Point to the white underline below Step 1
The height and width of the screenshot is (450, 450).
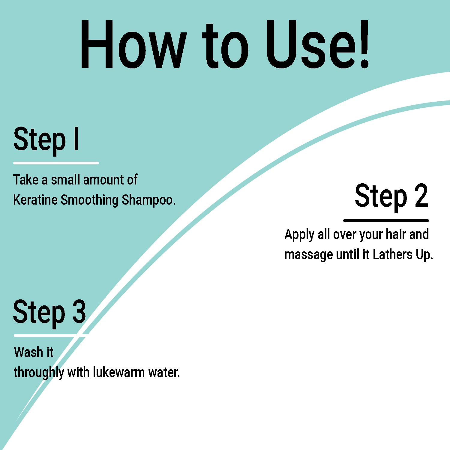56,163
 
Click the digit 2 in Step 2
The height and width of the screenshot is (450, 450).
421,196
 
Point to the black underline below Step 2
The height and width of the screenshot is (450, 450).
386,220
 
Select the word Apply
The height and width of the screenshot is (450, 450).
299,235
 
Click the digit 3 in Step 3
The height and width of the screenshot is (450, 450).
79,312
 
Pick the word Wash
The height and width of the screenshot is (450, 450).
28,352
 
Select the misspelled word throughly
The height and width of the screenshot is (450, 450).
39,373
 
